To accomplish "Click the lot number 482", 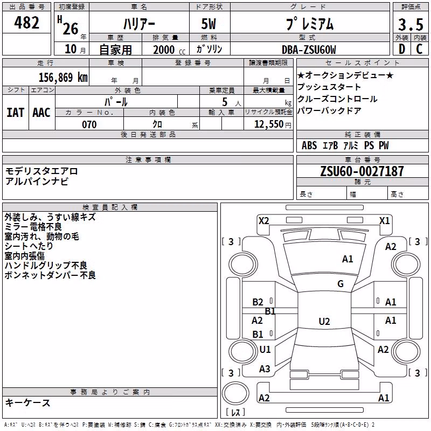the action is (x=26, y=23).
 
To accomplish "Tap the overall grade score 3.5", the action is (x=411, y=24).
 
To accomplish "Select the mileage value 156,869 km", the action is (x=63, y=78).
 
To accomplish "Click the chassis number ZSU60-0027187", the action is (x=362, y=171).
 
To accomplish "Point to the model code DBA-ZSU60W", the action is (x=309, y=50).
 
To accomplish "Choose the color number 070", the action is (x=89, y=124).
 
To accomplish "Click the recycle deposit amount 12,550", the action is (x=269, y=124).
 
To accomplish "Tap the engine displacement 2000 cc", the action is (x=169, y=50).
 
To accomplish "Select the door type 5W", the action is (x=208, y=24).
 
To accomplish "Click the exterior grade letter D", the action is (x=402, y=49).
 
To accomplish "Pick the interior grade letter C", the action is (x=419, y=49).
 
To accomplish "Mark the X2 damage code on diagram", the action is (x=263, y=221).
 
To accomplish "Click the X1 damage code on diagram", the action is (x=384, y=221).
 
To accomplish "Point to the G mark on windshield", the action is (x=340, y=283).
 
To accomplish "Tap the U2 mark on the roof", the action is (x=324, y=321).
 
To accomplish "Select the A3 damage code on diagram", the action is (x=265, y=369).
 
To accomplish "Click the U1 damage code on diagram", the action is (x=265, y=349).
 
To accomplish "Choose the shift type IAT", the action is (x=15, y=113).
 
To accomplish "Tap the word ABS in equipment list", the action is (x=309, y=145).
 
